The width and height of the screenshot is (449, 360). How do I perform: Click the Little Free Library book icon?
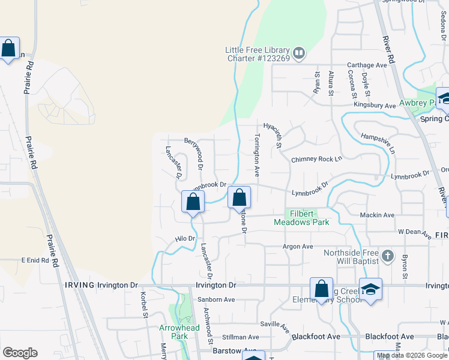click(300, 54)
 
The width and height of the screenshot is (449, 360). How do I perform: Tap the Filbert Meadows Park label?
click(302, 218)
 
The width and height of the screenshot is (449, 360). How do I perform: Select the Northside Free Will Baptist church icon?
click(388, 256)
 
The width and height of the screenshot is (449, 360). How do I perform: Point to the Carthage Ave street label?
click(367, 65)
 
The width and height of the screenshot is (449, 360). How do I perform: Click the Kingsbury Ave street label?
click(375, 106)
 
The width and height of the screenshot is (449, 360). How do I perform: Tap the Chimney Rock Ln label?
click(316, 160)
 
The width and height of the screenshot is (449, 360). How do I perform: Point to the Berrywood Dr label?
click(196, 153)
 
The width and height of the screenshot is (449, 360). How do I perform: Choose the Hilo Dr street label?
click(185, 239)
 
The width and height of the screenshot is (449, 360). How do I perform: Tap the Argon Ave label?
click(298, 247)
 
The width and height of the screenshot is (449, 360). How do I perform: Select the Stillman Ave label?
click(239, 338)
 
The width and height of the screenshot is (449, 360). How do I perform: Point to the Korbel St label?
click(144, 305)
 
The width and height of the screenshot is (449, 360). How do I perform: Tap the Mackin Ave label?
click(376, 215)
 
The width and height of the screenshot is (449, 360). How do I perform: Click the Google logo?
click(20, 353)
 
